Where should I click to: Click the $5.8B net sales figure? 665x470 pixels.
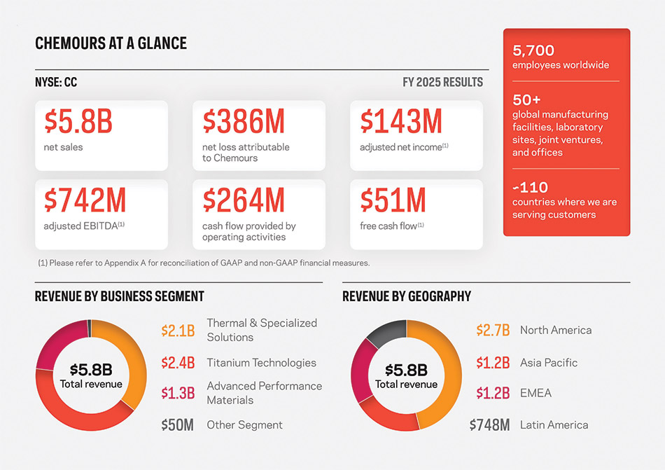coord(78,122)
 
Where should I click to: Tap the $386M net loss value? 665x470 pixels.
coord(244,122)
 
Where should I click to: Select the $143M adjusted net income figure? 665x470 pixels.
coord(401,122)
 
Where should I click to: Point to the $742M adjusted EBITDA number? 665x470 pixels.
coord(85,201)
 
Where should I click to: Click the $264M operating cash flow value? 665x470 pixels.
coord(244,201)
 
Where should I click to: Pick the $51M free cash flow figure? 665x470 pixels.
coord(393,201)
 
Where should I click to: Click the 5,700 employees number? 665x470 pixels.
coord(533,50)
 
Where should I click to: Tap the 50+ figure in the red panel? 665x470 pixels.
coord(526,99)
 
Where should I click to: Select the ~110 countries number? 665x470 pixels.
coord(530,187)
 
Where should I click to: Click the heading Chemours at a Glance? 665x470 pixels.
coord(111,44)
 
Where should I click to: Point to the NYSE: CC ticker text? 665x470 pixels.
coord(56,83)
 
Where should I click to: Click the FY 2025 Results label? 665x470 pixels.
coord(442,83)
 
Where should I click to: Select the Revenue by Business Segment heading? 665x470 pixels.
coord(119,296)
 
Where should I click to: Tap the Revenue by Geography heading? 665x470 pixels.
coord(407,296)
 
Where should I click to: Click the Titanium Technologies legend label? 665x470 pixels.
coord(261,363)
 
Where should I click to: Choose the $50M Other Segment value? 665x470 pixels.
coord(177,425)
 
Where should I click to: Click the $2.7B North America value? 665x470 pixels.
coord(493,330)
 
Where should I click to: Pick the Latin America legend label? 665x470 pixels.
coord(554,424)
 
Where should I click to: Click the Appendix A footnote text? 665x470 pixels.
coord(203,263)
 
